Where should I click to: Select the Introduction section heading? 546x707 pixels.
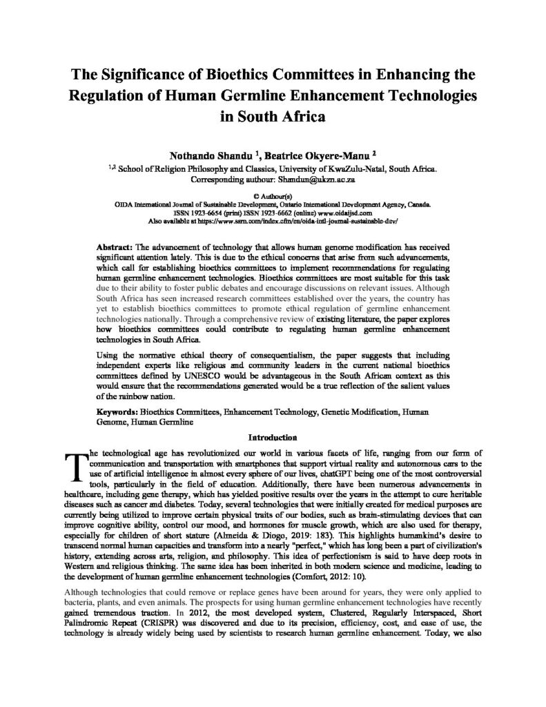click(273, 436)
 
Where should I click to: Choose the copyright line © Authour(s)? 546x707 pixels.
click(273, 195)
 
